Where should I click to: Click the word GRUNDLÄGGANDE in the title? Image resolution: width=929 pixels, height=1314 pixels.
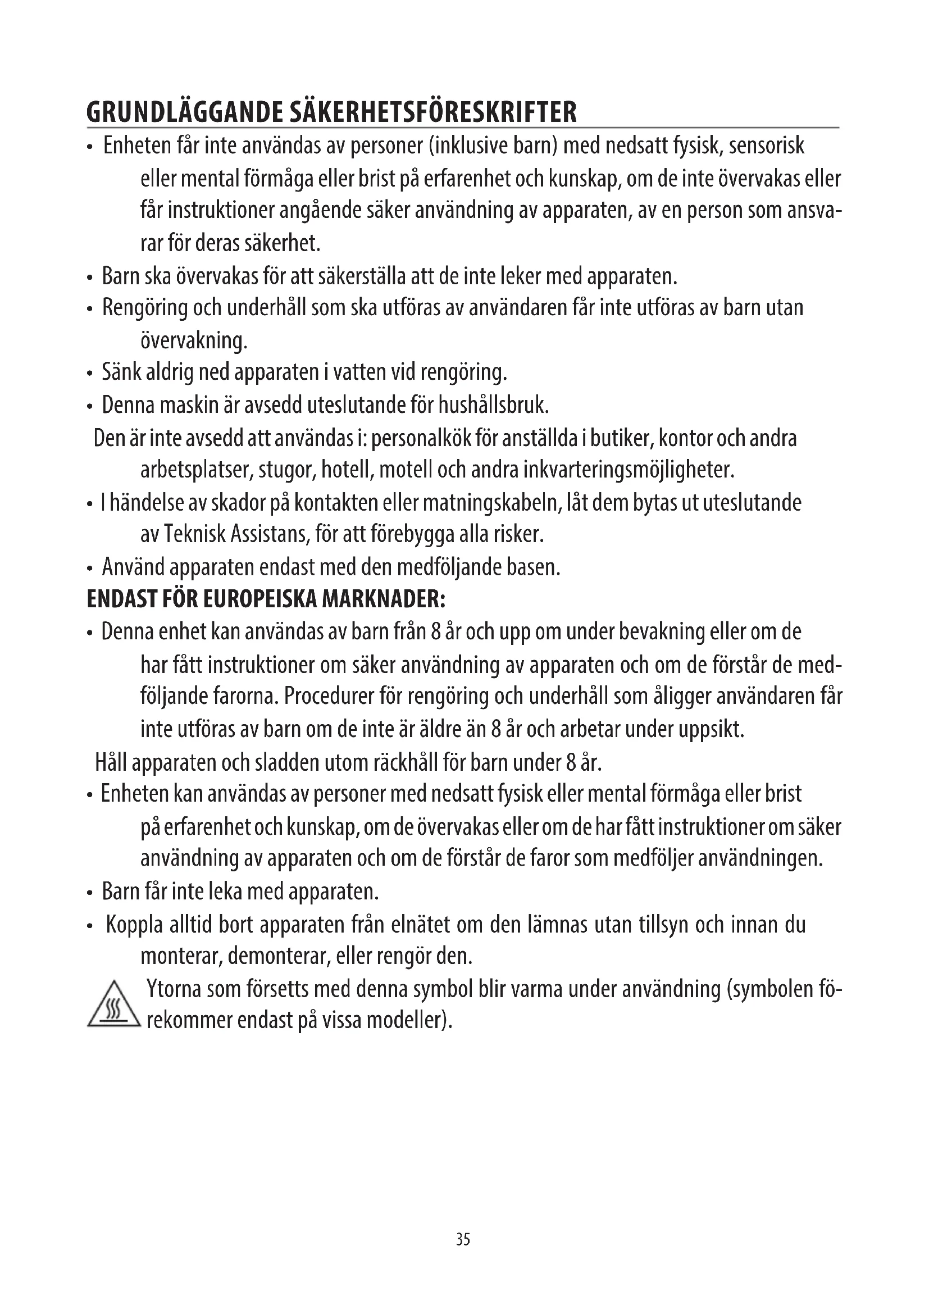(184, 113)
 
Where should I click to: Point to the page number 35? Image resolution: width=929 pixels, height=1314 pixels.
(463, 1240)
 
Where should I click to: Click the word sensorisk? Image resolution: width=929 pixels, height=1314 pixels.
(767, 147)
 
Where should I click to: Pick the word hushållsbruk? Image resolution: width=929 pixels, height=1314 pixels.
(493, 406)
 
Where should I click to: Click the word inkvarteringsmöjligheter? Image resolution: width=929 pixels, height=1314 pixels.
(629, 471)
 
